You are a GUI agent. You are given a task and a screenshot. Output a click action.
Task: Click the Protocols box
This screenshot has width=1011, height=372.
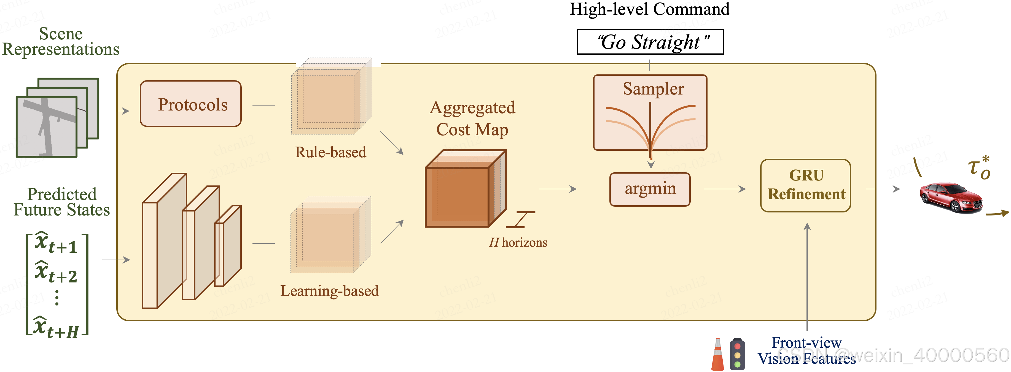pyautogui.click(x=191, y=104)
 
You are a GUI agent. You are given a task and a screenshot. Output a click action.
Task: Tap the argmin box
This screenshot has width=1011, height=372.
pyautogui.click(x=650, y=189)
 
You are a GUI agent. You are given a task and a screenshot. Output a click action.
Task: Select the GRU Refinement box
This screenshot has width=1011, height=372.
pyautogui.click(x=805, y=185)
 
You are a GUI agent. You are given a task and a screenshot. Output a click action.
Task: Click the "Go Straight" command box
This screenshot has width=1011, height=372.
pyautogui.click(x=650, y=42)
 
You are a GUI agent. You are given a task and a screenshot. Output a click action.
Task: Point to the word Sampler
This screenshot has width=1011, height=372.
pyautogui.click(x=653, y=89)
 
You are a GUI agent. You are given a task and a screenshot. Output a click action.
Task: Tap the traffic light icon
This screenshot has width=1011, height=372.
pyautogui.click(x=737, y=354)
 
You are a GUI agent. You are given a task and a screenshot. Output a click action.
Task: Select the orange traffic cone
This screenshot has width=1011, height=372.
pyautogui.click(x=717, y=355)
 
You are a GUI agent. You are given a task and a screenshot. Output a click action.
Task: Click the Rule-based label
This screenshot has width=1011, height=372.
pyautogui.click(x=330, y=152)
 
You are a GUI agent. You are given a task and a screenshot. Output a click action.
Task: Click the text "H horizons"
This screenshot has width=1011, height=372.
pyautogui.click(x=518, y=242)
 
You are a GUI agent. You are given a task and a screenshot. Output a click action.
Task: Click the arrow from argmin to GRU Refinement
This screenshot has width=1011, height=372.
pyautogui.click(x=725, y=189)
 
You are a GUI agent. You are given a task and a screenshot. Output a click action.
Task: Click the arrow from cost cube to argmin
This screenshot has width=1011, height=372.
pyautogui.click(x=557, y=189)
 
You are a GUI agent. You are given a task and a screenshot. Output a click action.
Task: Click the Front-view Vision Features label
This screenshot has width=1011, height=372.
pyautogui.click(x=806, y=351)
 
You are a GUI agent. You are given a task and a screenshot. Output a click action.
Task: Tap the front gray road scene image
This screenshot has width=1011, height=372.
pyautogui.click(x=46, y=126)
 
